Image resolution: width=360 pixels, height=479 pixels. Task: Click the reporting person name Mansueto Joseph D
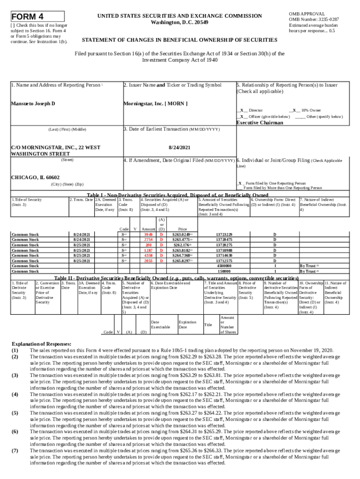coord(33,103)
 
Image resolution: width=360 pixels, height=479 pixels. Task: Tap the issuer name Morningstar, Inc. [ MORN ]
coord(155,103)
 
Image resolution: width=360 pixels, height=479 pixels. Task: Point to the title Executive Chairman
coord(259,123)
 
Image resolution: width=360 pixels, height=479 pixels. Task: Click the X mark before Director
coord(242,110)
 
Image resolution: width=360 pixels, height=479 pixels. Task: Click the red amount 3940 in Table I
coord(149,234)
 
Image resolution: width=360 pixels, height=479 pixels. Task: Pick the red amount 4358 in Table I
coord(149,255)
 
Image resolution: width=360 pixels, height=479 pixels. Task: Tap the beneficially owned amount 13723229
coord(224,234)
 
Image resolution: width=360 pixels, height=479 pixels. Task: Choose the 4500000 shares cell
coord(224,266)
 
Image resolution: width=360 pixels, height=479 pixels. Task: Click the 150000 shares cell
coord(224,271)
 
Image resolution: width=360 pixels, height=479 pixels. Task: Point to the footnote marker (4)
coord(15,394)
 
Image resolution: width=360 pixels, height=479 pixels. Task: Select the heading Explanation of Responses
coord(42,344)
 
